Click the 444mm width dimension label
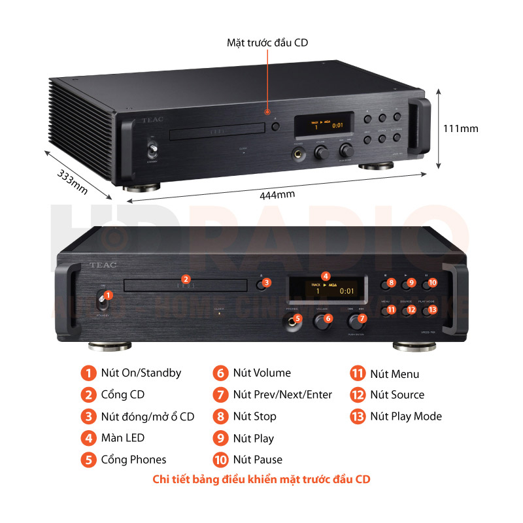pyautogui.click(x=277, y=194)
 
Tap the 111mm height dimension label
pyautogui.click(x=461, y=128)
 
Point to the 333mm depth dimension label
pyautogui.click(x=72, y=182)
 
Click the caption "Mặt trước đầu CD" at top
pyautogui.click(x=267, y=42)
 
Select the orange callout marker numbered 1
pyautogui.click(x=109, y=295)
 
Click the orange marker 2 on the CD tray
pyautogui.click(x=186, y=278)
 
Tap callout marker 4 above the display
pyautogui.click(x=326, y=276)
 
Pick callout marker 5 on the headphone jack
pyautogui.click(x=297, y=318)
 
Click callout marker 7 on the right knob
pyautogui.click(x=363, y=318)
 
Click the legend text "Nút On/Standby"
pyautogui.click(x=141, y=373)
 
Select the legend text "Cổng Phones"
pyautogui.click(x=133, y=460)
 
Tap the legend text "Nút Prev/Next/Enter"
pyautogui.click(x=282, y=395)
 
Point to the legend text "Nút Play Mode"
pyautogui.click(x=406, y=416)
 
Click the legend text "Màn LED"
pyautogui.click(x=123, y=438)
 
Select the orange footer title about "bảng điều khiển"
pyautogui.click(x=261, y=480)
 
